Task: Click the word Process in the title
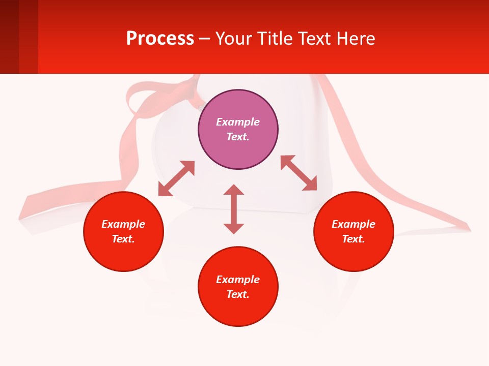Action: click(x=160, y=39)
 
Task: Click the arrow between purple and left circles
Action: click(x=176, y=178)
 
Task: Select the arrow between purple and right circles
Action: click(x=298, y=173)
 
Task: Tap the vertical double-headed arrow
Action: click(x=234, y=209)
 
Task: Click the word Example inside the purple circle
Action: click(x=238, y=122)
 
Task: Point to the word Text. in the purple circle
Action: click(x=238, y=137)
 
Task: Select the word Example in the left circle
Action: click(x=123, y=224)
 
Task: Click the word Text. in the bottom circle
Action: click(x=238, y=294)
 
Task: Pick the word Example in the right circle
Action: click(x=354, y=224)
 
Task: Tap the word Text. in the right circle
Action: click(x=354, y=239)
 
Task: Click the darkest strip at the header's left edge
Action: click(x=9, y=37)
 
